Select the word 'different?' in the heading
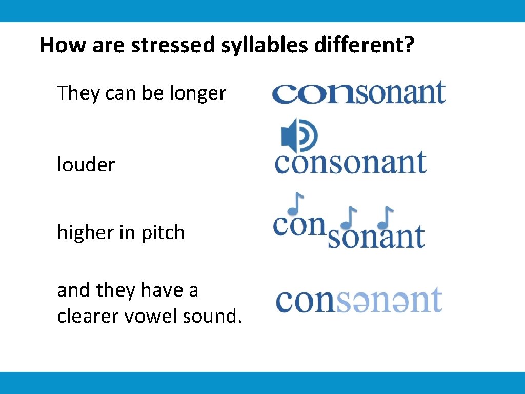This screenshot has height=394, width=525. click(364, 45)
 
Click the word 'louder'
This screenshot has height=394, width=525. click(86, 165)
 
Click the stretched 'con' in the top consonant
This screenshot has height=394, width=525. click(313, 93)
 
